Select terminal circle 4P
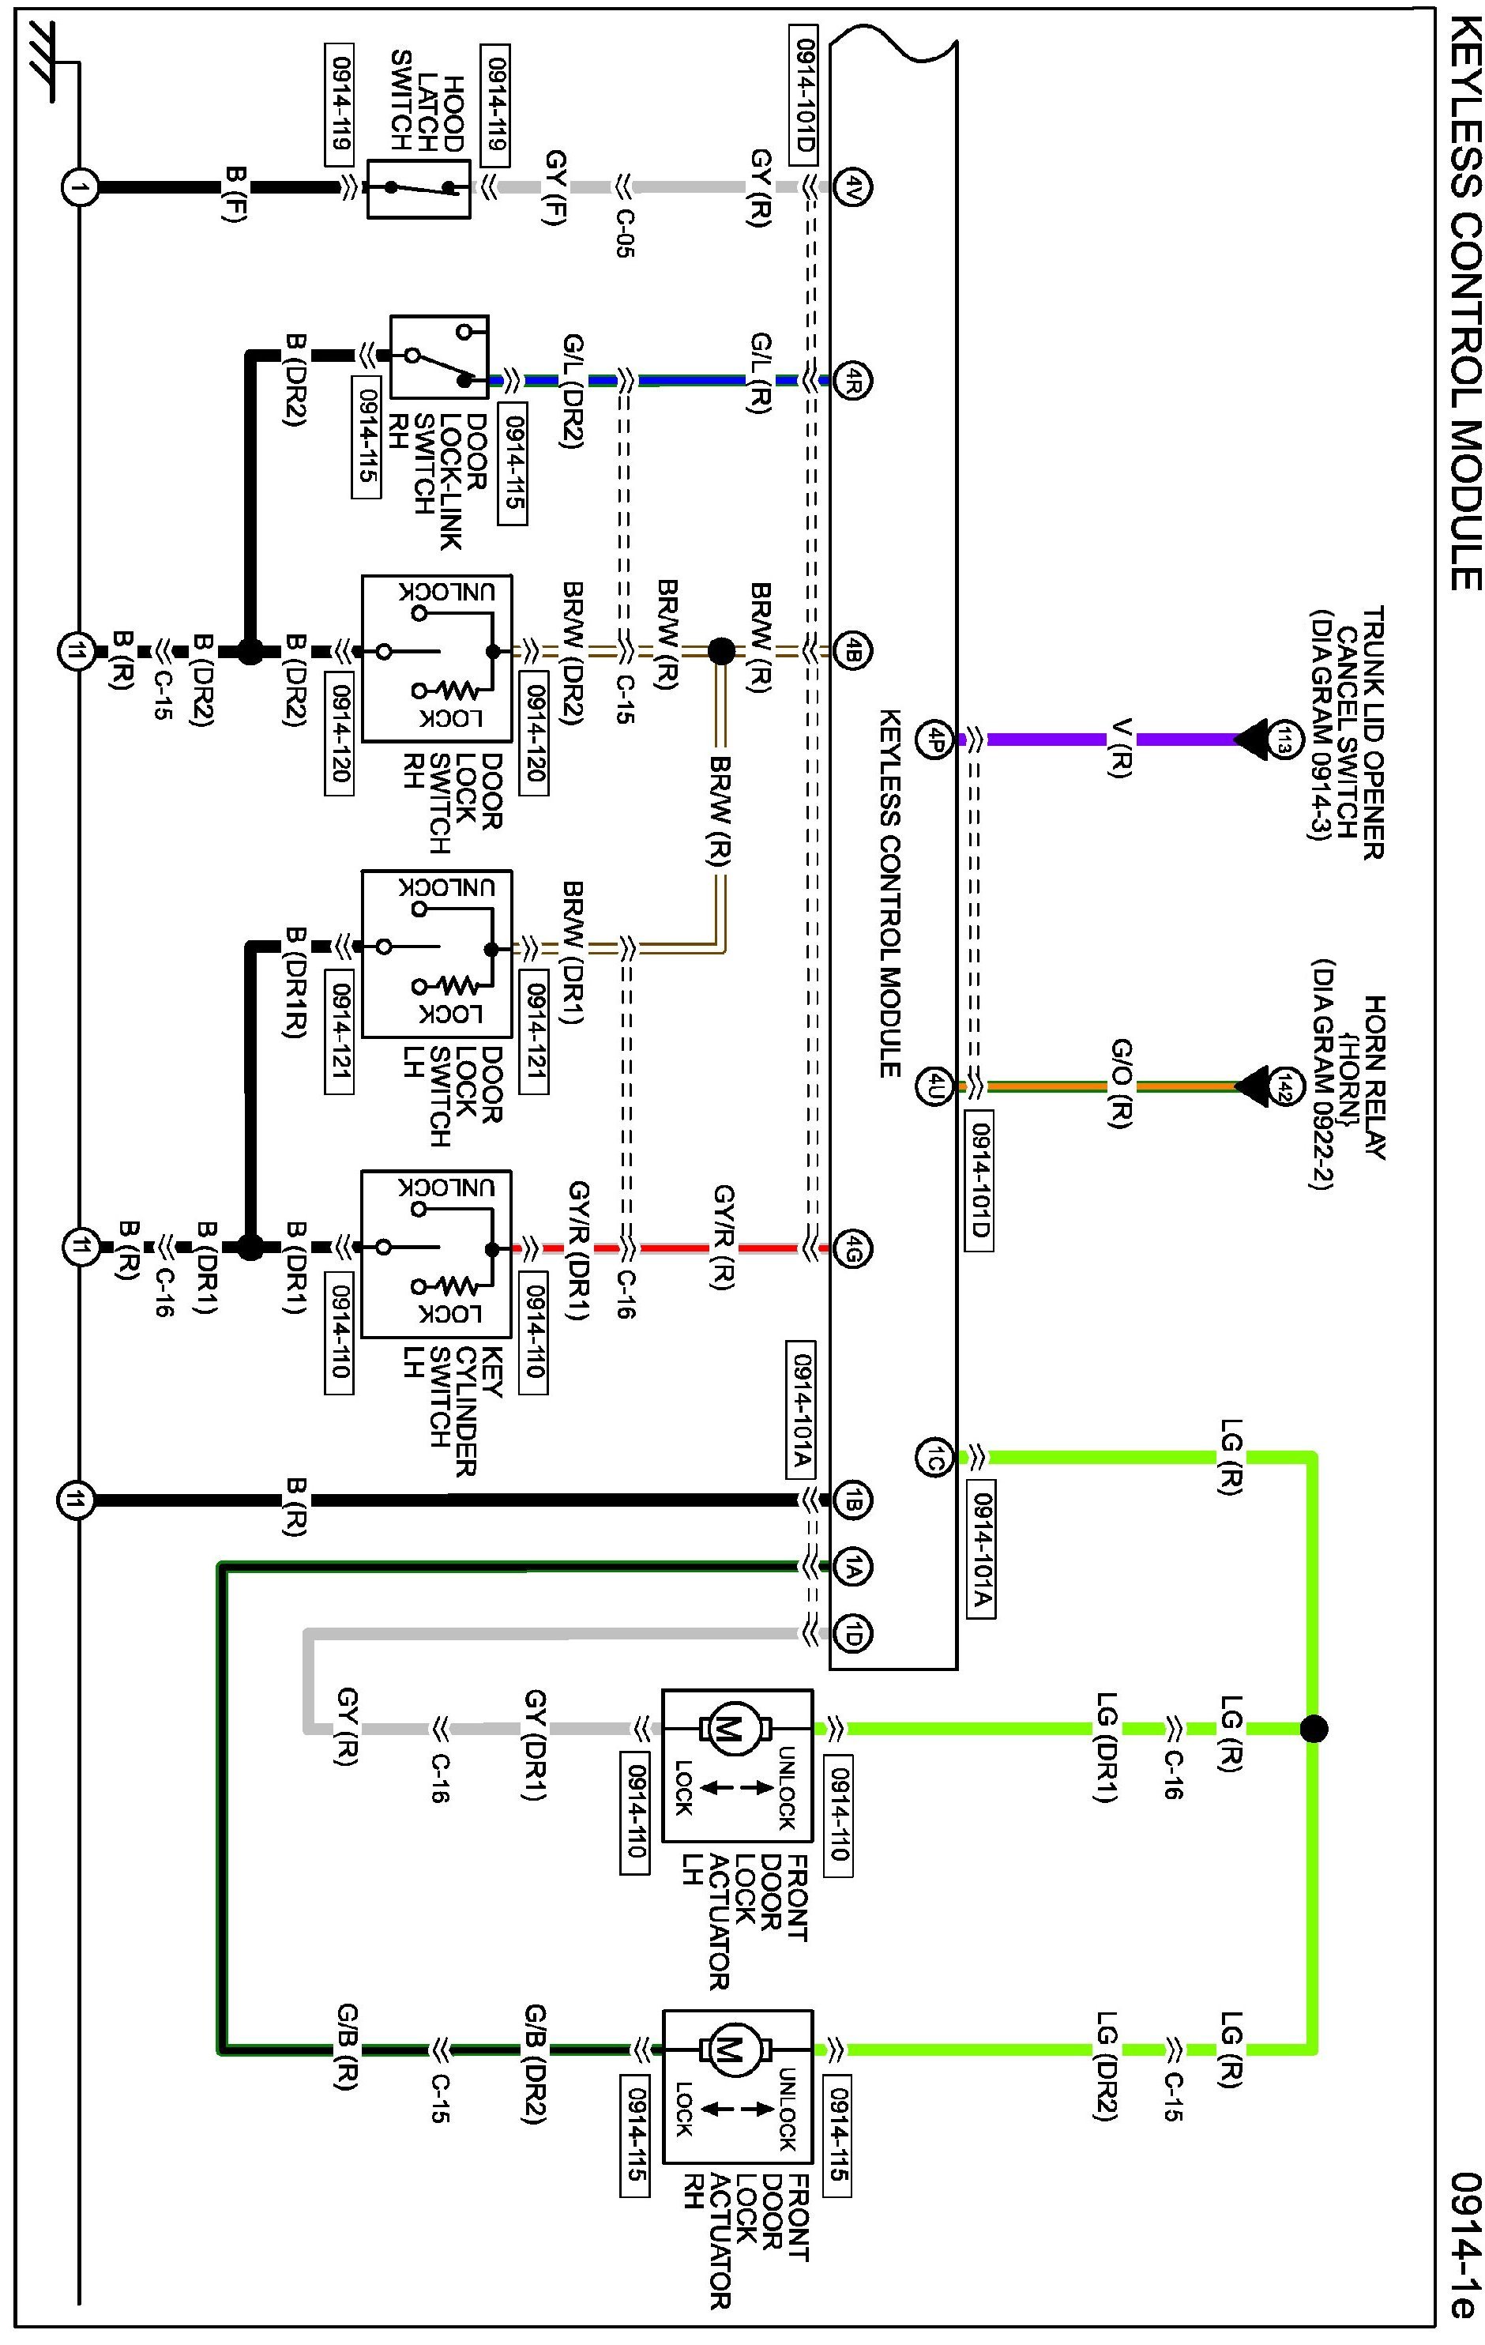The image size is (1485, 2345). pyautogui.click(x=934, y=740)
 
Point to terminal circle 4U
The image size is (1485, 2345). pyautogui.click(x=934, y=1086)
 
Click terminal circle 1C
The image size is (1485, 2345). pyautogui.click(x=934, y=1458)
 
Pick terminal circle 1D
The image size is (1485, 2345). pyautogui.click(x=853, y=1633)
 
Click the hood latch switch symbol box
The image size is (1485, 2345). pyautogui.click(x=419, y=188)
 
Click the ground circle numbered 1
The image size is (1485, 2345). pyautogui.click(x=80, y=187)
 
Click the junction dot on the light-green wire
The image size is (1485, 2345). pyautogui.click(x=1314, y=1729)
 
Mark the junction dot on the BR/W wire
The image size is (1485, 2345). pyautogui.click(x=721, y=650)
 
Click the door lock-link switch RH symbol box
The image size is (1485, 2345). pyautogui.click(x=439, y=356)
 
